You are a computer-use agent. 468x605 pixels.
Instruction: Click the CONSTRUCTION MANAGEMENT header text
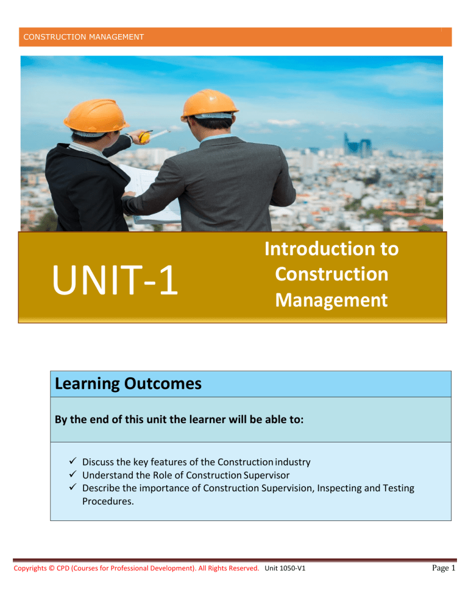83,37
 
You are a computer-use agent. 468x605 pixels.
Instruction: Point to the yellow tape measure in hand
145,137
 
